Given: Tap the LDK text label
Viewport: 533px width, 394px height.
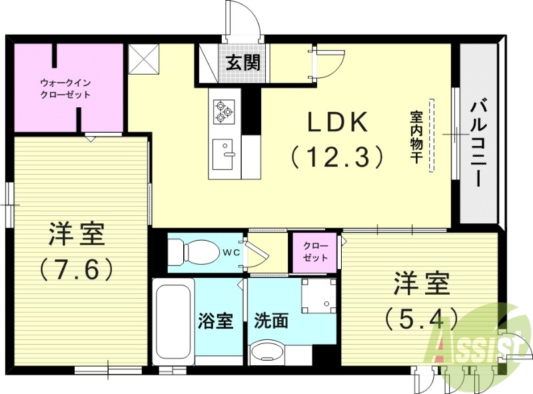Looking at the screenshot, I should pos(337,123).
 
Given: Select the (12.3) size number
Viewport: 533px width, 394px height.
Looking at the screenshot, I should pos(338,156).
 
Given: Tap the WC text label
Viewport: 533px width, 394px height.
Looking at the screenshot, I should pos(231,252).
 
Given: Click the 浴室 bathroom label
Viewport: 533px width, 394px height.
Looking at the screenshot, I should pos(215,321).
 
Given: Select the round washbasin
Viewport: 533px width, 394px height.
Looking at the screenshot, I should pos(270,353).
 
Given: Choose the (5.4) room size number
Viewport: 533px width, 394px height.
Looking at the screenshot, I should pos(420,317).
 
